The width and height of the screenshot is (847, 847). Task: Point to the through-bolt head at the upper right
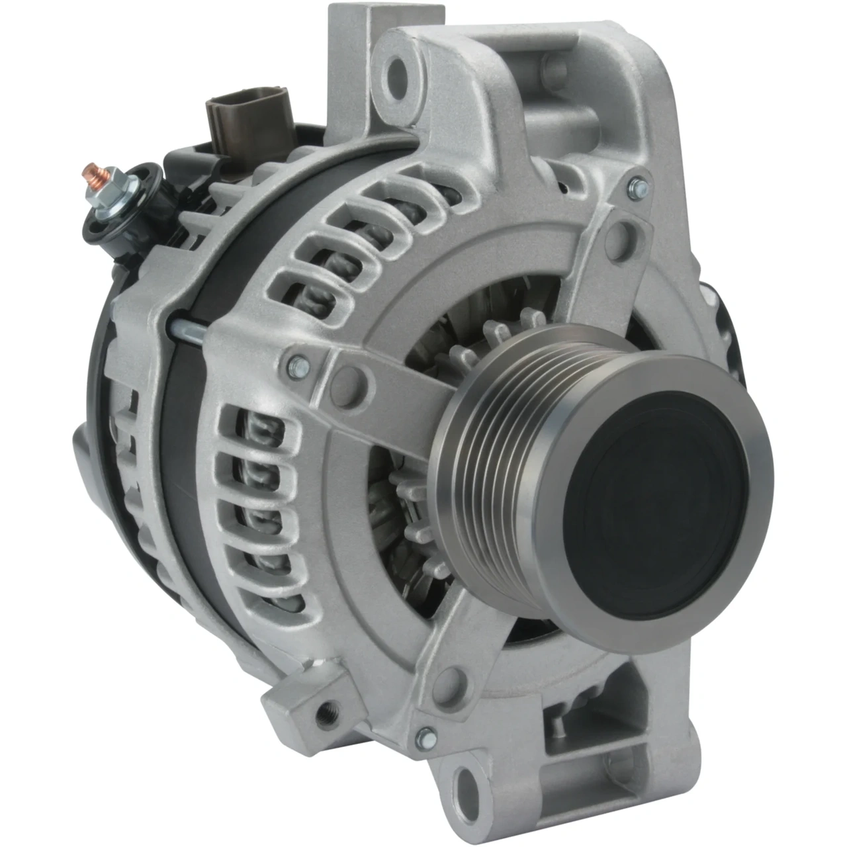(637, 188)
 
